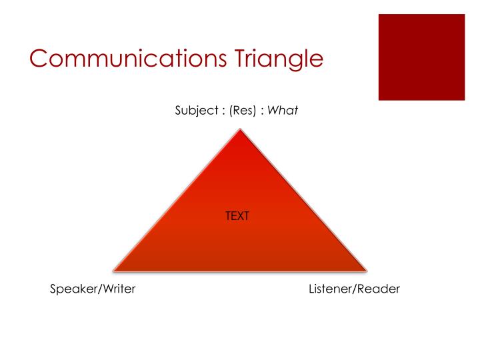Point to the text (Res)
243,110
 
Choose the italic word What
283,110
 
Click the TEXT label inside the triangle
237,216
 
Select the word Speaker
71,289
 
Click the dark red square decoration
421,57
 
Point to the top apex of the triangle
239,130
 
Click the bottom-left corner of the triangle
114,270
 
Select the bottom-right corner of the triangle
366,270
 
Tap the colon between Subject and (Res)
223,111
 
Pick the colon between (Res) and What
263,111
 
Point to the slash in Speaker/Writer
97,289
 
